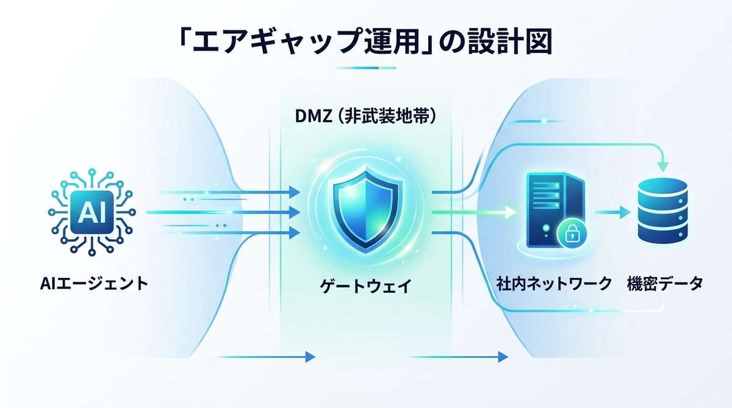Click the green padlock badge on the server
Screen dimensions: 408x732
coord(571,234)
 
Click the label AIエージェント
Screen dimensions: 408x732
coord(93,283)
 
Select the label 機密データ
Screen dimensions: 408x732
coord(665,284)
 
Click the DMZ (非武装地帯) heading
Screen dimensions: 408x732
coord(365,116)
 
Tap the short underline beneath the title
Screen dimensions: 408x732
coord(366,68)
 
